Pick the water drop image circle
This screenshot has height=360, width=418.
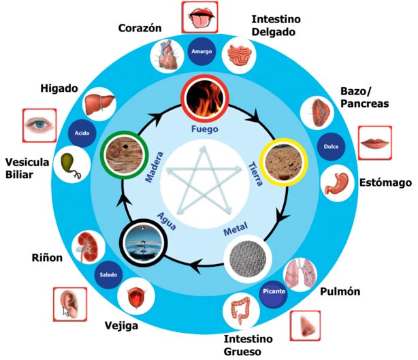coord(144,240)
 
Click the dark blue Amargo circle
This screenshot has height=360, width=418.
coord(203,51)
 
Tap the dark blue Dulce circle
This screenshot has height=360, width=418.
coord(331,146)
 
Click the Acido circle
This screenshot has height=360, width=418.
coord(82,133)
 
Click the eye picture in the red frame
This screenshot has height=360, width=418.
coord(38,125)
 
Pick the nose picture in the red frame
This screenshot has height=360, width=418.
coord(305,325)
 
